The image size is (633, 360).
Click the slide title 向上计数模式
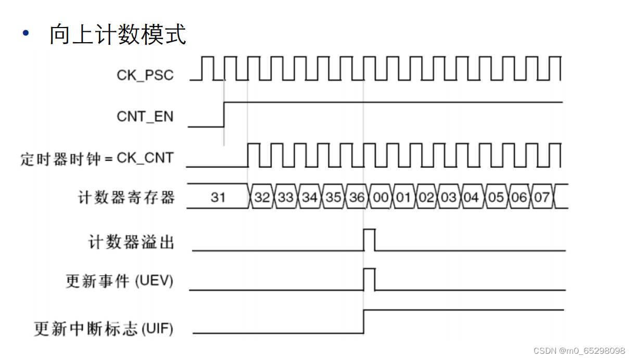118,35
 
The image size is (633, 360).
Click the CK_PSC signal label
145,75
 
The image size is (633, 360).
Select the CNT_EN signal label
145,116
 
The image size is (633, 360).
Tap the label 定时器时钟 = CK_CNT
97,158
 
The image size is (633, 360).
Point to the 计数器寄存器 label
126,198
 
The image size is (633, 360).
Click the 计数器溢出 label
131,242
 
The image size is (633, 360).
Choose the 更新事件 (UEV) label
119,281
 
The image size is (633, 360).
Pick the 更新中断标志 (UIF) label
104,329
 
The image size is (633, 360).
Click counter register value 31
218,198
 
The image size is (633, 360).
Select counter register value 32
263,198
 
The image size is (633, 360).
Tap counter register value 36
357,198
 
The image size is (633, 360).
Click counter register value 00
381,198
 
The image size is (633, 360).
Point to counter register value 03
448,198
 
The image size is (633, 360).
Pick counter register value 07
541,198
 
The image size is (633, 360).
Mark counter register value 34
310,198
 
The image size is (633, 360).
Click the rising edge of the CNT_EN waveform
224,114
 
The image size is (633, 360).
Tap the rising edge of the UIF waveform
363,322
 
